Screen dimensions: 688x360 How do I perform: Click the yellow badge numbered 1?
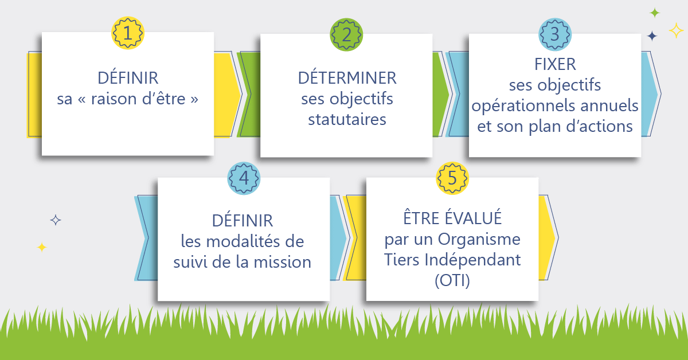128,33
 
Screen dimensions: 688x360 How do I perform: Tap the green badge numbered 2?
346,35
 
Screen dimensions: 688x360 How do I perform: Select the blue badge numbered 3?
555,34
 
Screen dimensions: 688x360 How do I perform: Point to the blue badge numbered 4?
244,178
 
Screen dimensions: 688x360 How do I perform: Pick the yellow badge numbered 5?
452,178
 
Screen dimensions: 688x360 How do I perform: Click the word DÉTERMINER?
347,77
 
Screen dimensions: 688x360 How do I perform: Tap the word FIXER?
555,65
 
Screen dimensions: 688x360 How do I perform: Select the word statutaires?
347,119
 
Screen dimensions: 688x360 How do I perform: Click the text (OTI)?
452,280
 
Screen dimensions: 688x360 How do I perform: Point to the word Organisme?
479,239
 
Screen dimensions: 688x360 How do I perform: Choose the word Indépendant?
472,260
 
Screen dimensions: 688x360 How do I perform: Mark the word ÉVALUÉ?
474,217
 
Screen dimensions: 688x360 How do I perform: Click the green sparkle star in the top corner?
655,13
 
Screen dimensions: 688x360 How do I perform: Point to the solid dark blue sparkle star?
652,36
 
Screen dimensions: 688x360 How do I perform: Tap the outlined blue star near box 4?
56,220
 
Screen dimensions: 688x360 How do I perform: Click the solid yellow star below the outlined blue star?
42,247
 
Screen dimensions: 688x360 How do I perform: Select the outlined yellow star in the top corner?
676,30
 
